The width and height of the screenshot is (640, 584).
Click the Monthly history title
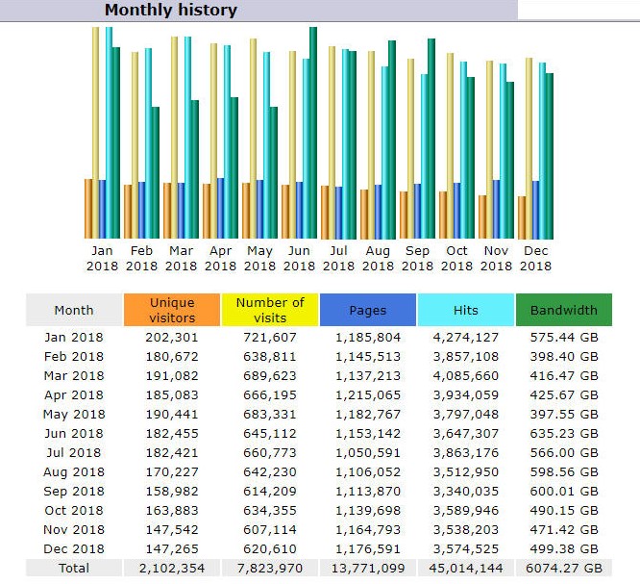(x=171, y=10)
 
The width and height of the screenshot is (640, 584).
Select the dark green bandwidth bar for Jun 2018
(x=313, y=133)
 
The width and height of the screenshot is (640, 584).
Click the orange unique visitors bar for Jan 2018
(x=88, y=209)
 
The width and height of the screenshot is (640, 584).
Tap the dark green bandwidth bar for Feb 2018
(x=156, y=173)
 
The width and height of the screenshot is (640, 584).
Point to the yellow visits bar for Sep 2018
(x=410, y=149)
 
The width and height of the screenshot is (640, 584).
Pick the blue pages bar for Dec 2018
(x=535, y=210)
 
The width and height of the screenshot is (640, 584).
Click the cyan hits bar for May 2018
(x=266, y=145)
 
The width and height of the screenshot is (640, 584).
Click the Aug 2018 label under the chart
(x=378, y=258)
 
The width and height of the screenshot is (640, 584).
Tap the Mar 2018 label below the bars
(x=181, y=258)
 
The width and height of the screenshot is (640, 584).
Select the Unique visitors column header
(x=172, y=310)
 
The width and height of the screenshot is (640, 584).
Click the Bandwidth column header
(x=564, y=310)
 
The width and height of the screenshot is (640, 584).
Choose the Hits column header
(x=466, y=310)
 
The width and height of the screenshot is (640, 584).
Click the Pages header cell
(x=368, y=310)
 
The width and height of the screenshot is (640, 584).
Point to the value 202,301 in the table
(x=172, y=338)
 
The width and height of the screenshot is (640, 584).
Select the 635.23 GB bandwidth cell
(x=564, y=434)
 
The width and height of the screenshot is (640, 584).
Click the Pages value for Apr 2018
(x=368, y=395)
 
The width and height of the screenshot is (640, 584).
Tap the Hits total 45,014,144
(x=466, y=568)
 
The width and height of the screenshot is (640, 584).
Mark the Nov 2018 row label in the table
(x=74, y=530)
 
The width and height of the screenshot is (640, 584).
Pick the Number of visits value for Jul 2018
(x=270, y=453)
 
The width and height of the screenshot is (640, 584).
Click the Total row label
(x=74, y=568)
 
